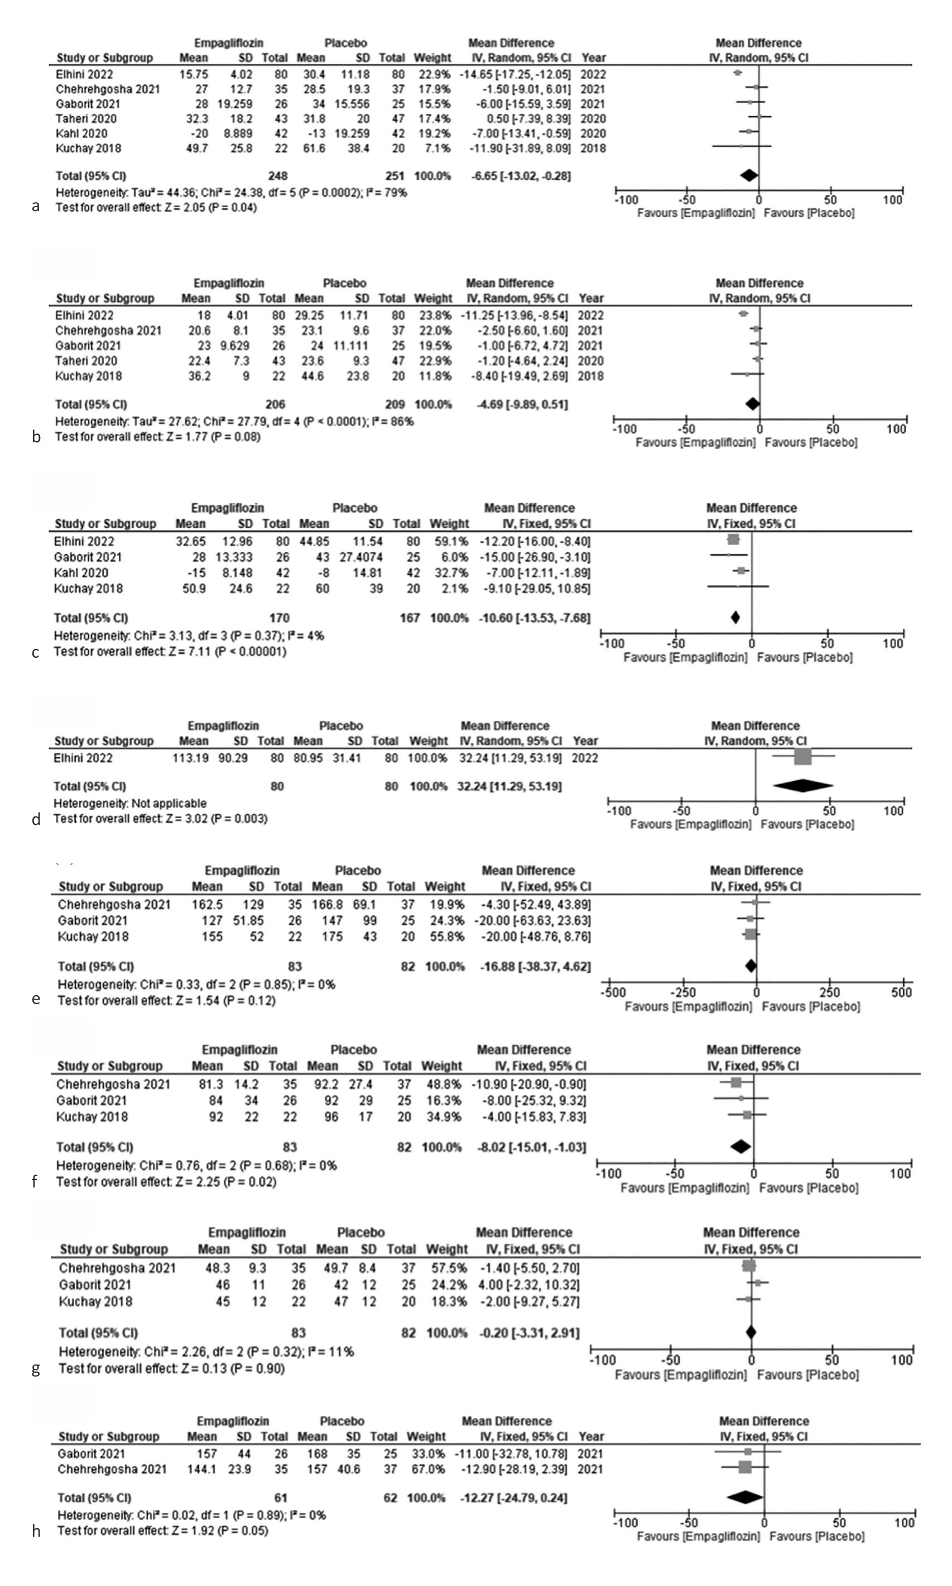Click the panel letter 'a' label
coord(36,207)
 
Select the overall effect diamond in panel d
coord(803,786)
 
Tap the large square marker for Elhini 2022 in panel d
coord(802,757)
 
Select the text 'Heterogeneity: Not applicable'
coord(129,803)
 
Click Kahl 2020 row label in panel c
coord(81,572)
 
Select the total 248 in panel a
coord(278,176)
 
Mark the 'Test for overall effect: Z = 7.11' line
coord(170,652)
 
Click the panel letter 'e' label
coord(36,999)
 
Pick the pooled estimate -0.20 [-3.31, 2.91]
coord(528,1333)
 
